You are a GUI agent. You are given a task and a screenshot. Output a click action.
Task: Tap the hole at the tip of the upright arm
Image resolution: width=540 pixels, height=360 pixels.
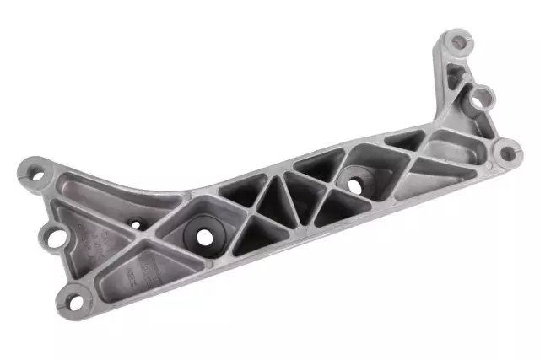[457, 39]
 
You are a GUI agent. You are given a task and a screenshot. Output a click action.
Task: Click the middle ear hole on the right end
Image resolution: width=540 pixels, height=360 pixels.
[482, 97]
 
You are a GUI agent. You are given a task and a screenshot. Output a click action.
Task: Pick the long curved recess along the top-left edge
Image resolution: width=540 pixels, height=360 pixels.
[118, 191]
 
